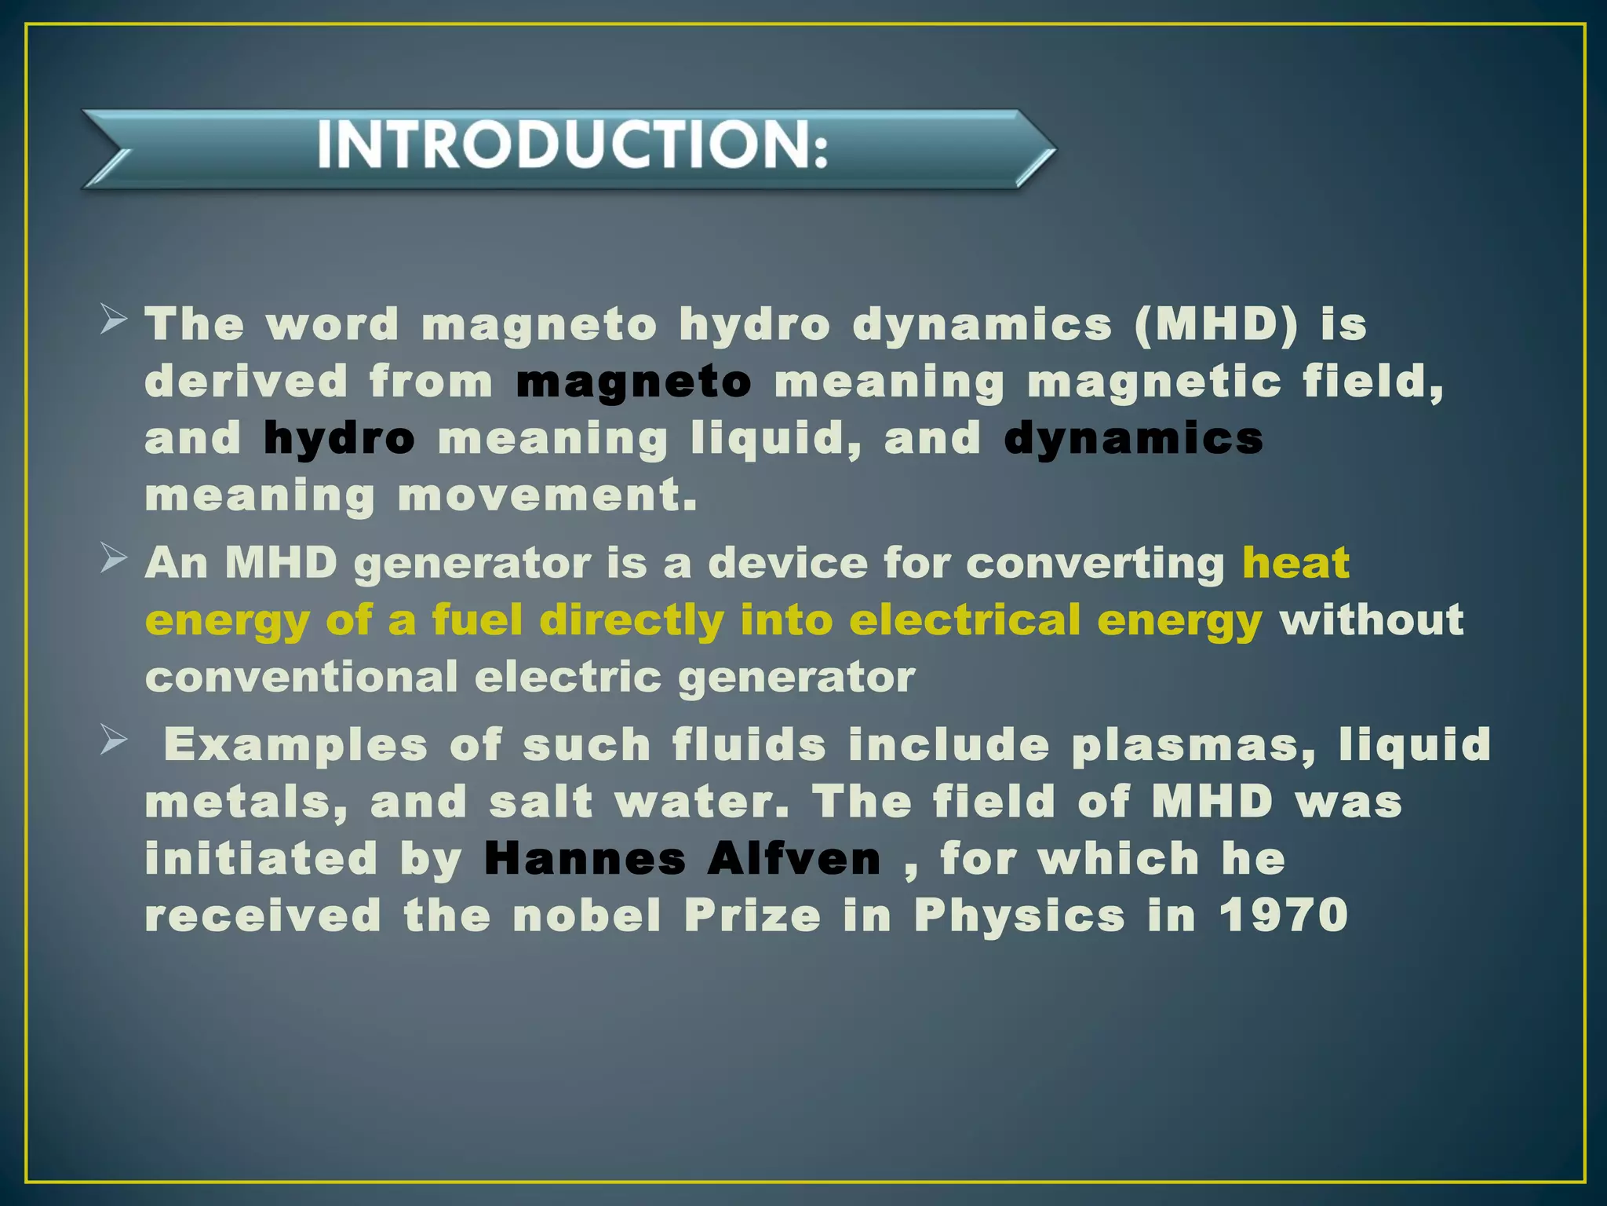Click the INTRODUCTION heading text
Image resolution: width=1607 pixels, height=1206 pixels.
click(572, 146)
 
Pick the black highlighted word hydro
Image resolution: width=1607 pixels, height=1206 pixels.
click(339, 439)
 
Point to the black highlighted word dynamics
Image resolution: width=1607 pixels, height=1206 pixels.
click(1134, 439)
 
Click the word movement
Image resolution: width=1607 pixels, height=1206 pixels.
click(548, 496)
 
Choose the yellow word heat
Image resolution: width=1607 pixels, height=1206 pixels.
click(1296, 563)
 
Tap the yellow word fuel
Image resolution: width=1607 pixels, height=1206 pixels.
click(477, 620)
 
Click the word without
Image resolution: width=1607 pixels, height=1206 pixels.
click(1372, 620)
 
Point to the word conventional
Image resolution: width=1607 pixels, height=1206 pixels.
click(301, 677)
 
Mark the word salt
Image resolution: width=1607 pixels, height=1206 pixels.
click(541, 802)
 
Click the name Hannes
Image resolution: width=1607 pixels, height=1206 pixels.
click(585, 859)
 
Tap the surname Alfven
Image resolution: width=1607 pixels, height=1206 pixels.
click(794, 859)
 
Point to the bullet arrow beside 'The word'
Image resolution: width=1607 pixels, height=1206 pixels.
click(114, 320)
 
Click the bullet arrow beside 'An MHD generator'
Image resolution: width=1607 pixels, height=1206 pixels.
click(114, 559)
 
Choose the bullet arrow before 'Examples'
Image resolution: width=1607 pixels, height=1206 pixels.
click(114, 740)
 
